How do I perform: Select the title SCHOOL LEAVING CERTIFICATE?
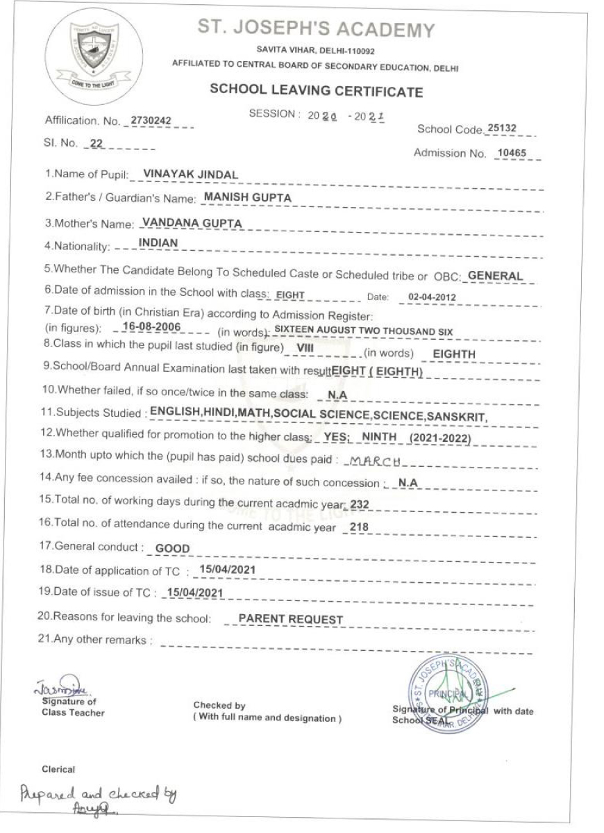315,92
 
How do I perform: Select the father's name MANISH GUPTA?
237,198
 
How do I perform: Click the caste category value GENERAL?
495,276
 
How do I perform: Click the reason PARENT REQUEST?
290,619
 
